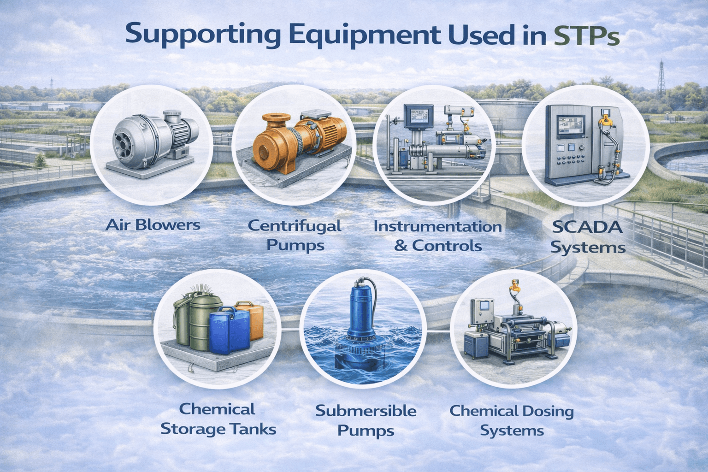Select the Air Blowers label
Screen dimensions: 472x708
[x=153, y=225]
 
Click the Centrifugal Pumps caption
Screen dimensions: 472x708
[x=295, y=235]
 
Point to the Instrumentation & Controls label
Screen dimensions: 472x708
[x=437, y=236]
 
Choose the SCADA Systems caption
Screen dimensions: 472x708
[x=588, y=237]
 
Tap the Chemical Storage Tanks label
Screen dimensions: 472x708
[x=218, y=419]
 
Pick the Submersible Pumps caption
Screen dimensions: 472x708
[x=366, y=420]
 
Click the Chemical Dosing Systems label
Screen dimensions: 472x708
[x=512, y=420]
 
